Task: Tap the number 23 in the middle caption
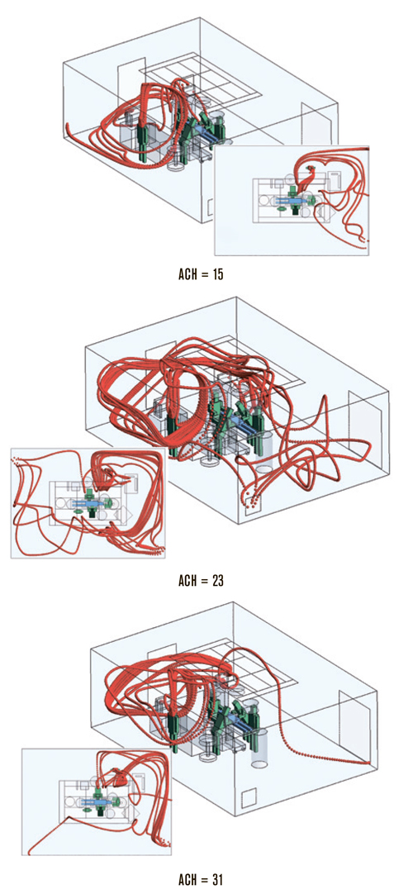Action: (x=216, y=581)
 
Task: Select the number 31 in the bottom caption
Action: (x=216, y=876)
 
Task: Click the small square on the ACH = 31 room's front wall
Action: (x=249, y=799)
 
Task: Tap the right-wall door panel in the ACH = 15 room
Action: (x=315, y=126)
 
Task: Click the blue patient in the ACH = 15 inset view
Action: (x=288, y=202)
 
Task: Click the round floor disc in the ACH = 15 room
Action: (x=175, y=168)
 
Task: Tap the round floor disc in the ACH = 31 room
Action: (x=206, y=757)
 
